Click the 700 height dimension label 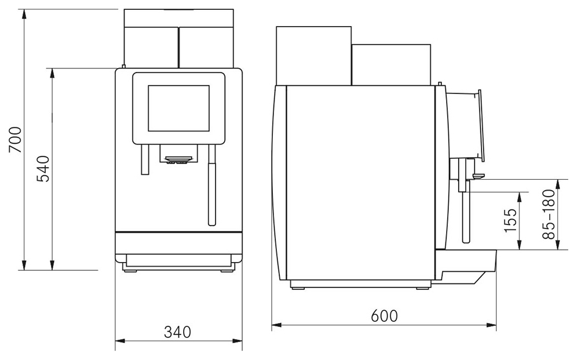pos(16,140)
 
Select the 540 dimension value pos(43,169)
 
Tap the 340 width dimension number pos(178,332)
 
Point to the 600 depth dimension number pos(384,316)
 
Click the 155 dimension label pos(510,220)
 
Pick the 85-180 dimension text pos(549,214)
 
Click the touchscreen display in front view pos(179,108)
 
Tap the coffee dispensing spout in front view pos(179,159)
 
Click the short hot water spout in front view pos(145,159)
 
